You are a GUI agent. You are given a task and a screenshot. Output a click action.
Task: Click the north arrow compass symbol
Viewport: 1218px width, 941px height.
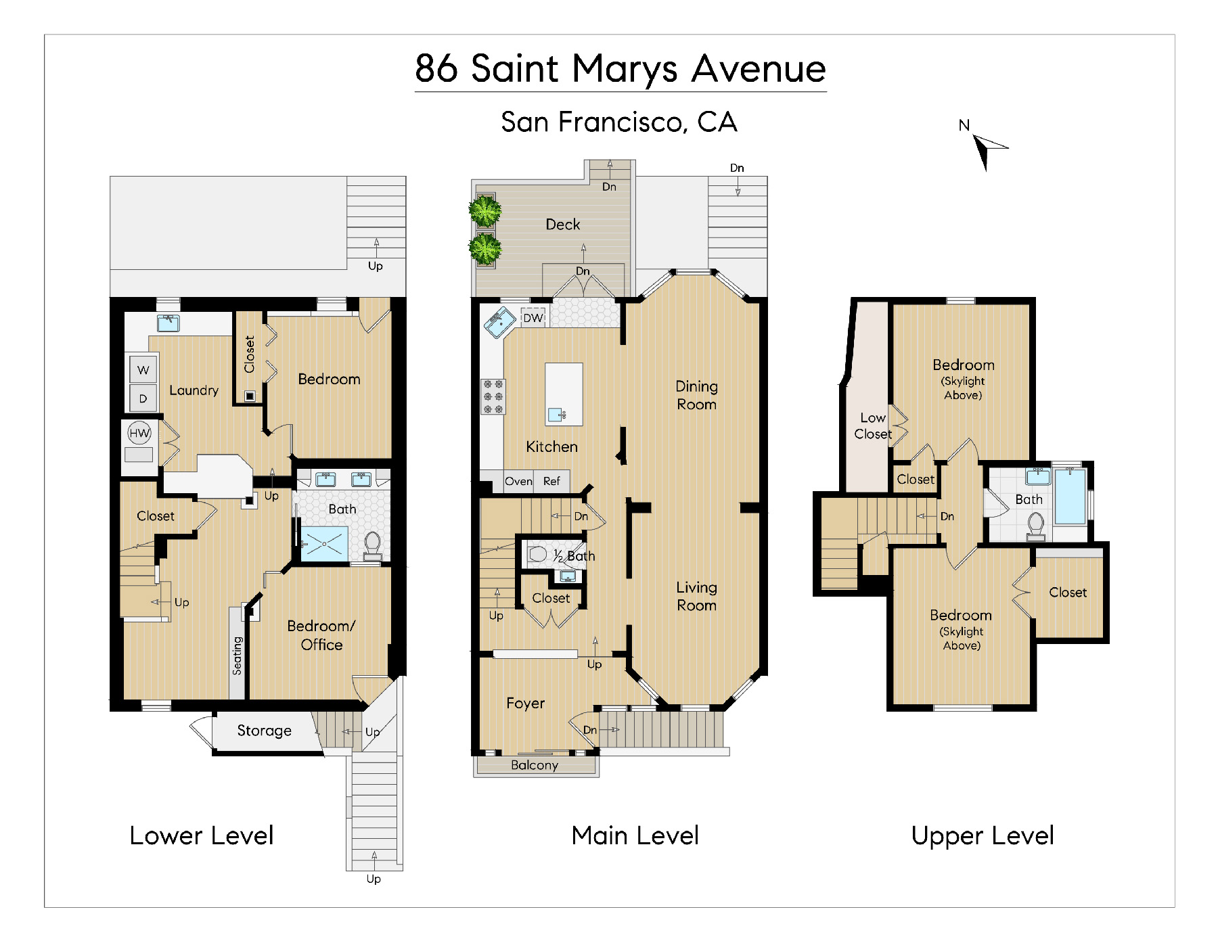click(x=987, y=149)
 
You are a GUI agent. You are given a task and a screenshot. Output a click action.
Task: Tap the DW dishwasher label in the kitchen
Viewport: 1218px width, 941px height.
click(x=533, y=318)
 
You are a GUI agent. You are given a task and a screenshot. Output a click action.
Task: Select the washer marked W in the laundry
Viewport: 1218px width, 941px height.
click(x=143, y=369)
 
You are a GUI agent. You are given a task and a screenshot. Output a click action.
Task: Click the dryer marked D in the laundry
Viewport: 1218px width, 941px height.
click(x=143, y=398)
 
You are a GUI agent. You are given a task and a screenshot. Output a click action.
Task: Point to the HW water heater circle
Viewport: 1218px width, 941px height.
click(x=139, y=433)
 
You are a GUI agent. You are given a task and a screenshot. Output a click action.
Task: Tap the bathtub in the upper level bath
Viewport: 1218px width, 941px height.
click(x=1070, y=496)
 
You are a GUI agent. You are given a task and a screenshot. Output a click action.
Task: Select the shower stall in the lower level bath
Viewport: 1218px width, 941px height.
click(x=324, y=543)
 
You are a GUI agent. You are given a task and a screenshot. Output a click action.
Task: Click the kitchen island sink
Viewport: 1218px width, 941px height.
click(x=557, y=415)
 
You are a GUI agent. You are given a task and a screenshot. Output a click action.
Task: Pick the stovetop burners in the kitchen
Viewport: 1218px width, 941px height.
click(x=493, y=396)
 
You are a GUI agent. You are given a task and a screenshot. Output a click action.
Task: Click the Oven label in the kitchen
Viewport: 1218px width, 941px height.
click(x=518, y=481)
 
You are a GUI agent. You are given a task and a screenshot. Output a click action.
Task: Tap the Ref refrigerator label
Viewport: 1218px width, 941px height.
click(x=551, y=481)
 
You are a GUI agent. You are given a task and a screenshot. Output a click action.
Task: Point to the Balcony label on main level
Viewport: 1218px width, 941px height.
click(x=535, y=765)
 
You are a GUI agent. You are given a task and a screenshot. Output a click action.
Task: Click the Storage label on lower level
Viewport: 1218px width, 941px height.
click(x=265, y=731)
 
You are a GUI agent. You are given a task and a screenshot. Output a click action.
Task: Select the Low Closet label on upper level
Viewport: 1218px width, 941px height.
click(x=873, y=426)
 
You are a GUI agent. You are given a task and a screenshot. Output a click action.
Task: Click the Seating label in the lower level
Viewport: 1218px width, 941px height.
click(x=237, y=656)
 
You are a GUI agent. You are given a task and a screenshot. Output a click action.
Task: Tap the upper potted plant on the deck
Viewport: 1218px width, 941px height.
click(x=485, y=210)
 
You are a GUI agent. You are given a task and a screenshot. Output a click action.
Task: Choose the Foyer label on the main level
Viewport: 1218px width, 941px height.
click(x=525, y=704)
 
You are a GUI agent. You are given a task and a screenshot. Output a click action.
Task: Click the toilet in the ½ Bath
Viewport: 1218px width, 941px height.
click(x=537, y=554)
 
